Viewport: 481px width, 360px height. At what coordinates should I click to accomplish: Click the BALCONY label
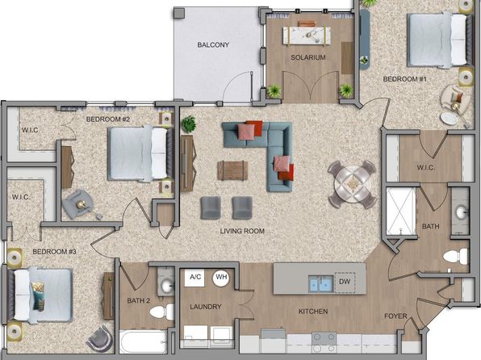tap(213, 45)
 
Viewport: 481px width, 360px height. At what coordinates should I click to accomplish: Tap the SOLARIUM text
tap(308, 57)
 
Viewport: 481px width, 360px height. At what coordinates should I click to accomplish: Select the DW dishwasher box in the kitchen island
tap(345, 282)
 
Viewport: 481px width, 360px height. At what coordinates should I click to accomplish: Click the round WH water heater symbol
tap(221, 278)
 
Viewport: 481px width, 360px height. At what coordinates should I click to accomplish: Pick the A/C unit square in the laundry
tap(194, 278)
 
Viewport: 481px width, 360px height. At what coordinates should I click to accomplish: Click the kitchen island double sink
tap(321, 283)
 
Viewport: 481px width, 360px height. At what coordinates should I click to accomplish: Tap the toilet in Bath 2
tap(162, 312)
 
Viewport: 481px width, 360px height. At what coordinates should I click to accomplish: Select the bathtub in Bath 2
tap(144, 341)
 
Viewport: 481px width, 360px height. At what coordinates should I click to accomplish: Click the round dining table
tap(353, 185)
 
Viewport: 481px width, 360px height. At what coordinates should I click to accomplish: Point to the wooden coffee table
tap(232, 170)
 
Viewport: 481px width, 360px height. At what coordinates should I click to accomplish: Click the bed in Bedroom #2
tap(140, 153)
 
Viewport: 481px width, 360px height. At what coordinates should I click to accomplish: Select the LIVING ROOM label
tap(242, 231)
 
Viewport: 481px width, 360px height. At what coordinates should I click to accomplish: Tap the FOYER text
tap(395, 316)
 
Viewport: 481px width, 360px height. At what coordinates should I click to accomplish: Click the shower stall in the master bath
tap(400, 211)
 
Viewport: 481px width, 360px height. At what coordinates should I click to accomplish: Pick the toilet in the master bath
tap(455, 256)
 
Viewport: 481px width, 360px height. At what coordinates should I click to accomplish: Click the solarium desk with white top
tap(307, 36)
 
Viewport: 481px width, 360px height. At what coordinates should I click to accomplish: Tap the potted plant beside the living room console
tap(188, 123)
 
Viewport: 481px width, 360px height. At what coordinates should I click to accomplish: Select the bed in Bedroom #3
tap(40, 295)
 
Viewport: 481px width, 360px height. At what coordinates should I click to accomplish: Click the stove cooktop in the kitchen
tap(324, 343)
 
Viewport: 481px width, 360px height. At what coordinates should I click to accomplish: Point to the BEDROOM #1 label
tap(404, 79)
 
